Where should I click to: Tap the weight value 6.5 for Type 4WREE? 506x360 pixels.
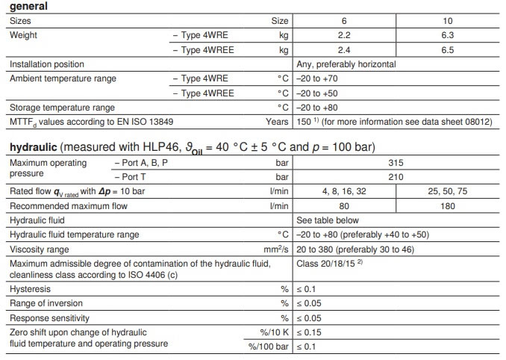tap(448, 50)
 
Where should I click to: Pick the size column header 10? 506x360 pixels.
tap(448, 22)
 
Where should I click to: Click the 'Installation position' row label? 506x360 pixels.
tap(46, 64)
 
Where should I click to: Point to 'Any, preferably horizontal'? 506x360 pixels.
tap(346, 64)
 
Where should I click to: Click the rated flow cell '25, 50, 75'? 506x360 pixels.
tap(448, 191)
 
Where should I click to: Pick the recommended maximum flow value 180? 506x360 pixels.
tap(448, 205)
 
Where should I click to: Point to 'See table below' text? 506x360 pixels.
tap(328, 220)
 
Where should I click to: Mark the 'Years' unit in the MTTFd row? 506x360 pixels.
tap(276, 121)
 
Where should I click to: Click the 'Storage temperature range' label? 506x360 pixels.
tap(62, 107)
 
